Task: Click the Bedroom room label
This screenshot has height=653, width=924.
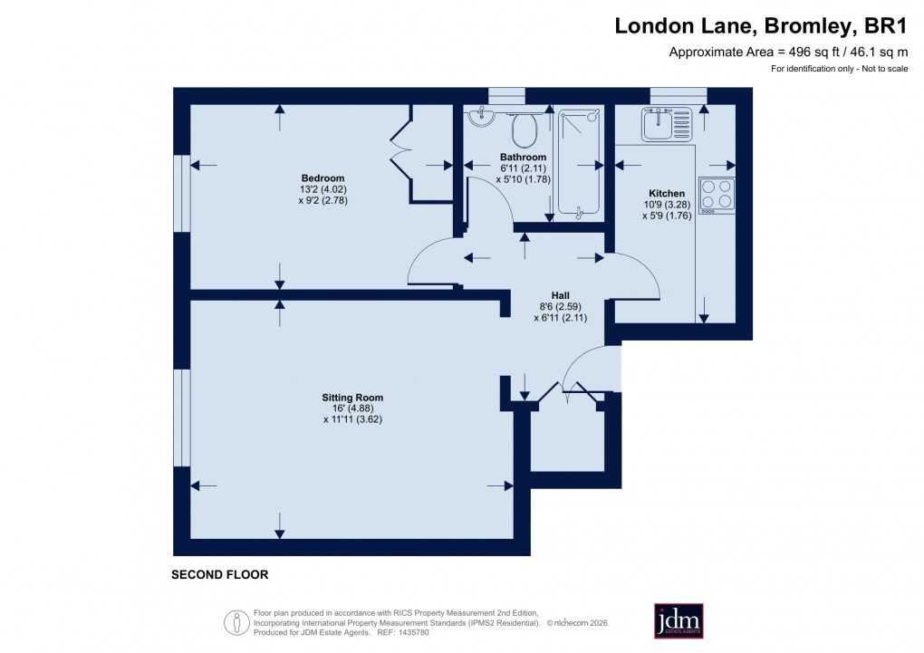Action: (x=322, y=178)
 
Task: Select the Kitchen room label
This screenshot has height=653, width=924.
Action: (x=666, y=194)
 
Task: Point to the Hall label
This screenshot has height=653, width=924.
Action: (x=562, y=294)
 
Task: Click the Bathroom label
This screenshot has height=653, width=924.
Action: (x=523, y=157)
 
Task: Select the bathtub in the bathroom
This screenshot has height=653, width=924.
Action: (x=580, y=163)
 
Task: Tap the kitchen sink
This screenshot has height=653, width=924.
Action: (x=667, y=123)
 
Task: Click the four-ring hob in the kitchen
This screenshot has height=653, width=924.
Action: (x=717, y=195)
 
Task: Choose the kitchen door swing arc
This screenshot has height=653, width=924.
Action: (x=637, y=276)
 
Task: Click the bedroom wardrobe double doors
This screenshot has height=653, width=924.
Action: (x=399, y=149)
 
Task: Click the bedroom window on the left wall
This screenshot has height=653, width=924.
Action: (x=182, y=193)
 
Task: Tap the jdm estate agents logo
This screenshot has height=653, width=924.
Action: (x=679, y=620)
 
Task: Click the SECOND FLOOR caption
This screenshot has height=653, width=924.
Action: (x=220, y=574)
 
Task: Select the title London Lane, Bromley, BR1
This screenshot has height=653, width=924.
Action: (x=761, y=25)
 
